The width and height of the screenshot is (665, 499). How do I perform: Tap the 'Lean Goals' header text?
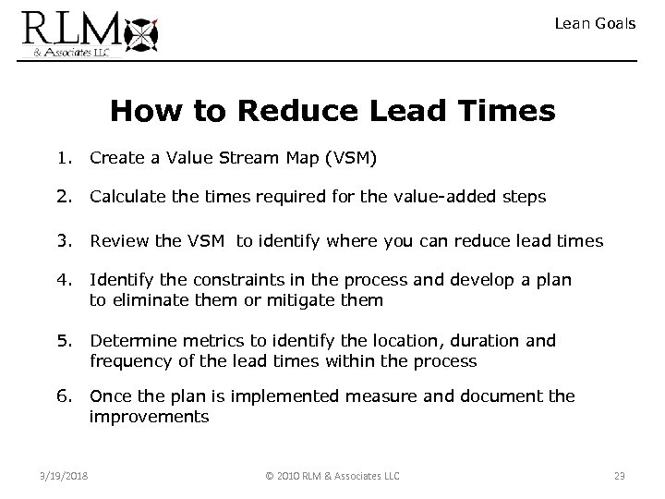[595, 24]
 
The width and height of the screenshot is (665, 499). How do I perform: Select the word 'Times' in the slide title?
[508, 112]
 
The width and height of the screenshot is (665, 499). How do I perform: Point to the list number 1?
[62, 158]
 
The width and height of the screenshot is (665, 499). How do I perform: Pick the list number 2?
[62, 197]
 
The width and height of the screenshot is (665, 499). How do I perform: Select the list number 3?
[62, 241]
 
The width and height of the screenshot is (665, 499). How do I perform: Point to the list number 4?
[62, 280]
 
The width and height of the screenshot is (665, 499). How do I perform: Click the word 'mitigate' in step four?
[301, 300]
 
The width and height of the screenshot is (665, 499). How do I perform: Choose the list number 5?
[62, 341]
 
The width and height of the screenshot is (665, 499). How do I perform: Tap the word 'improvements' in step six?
[149, 417]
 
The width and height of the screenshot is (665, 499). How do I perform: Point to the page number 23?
[620, 476]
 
